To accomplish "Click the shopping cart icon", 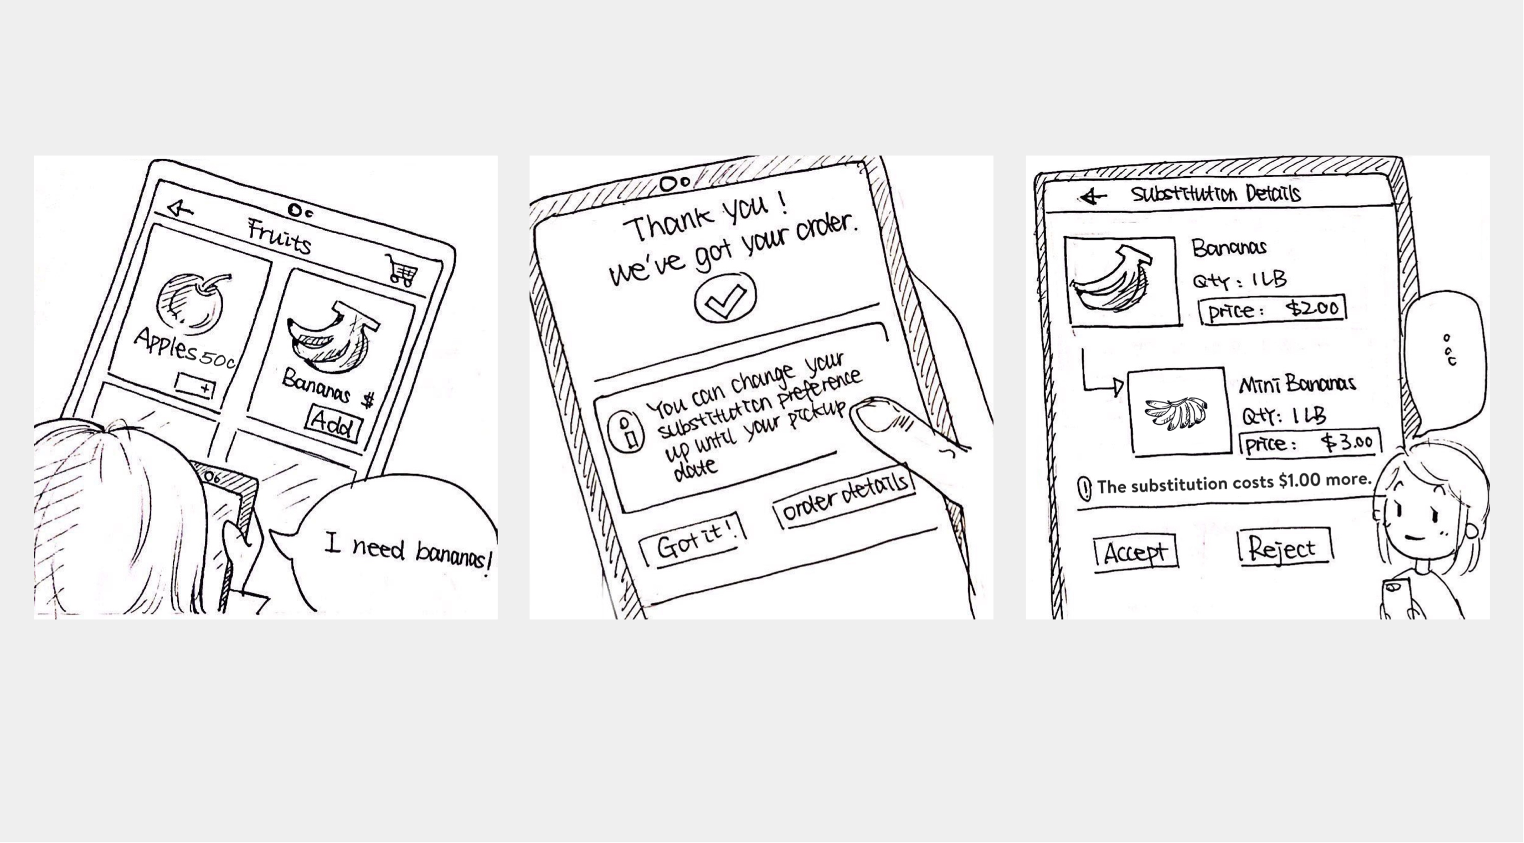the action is pos(401,270).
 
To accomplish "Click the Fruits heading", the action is pos(279,236).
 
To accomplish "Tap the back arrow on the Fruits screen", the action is pos(181,208).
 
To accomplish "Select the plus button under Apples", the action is pos(195,385).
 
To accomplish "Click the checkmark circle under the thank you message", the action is pos(725,297).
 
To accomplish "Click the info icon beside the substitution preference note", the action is pos(625,431).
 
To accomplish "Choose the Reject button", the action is pos(1283,548).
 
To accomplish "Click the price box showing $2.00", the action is pos(1272,310).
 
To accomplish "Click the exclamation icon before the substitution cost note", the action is pos(1084,488).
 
